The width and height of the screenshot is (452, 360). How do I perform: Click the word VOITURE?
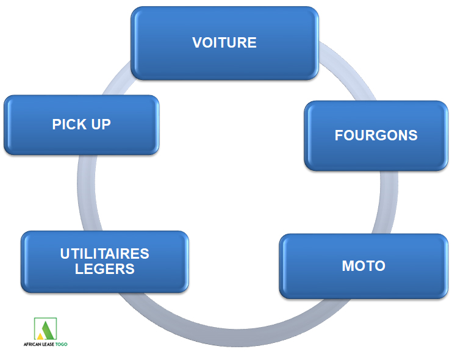click(x=224, y=43)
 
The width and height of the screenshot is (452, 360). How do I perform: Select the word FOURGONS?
click(x=376, y=135)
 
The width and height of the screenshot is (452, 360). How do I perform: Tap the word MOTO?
click(x=364, y=267)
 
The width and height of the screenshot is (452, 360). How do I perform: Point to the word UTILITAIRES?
click(x=105, y=254)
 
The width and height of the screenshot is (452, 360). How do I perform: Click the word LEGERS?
click(x=105, y=268)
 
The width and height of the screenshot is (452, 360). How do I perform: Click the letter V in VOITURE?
click(x=197, y=43)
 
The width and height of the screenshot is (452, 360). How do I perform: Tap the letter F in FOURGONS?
click(x=339, y=135)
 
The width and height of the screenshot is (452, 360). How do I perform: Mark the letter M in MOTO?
click(x=347, y=267)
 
